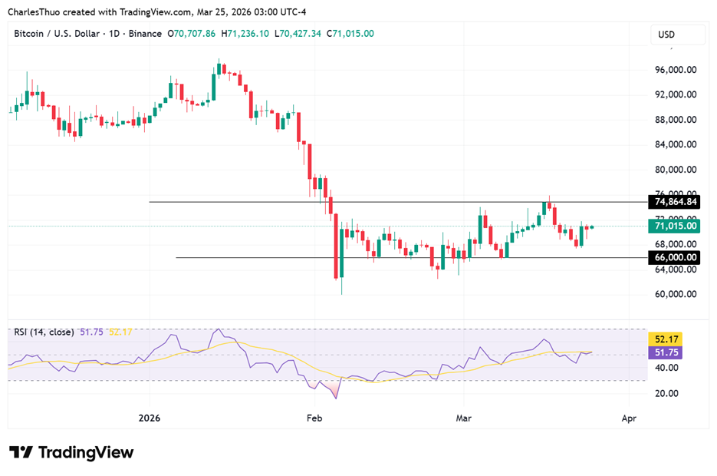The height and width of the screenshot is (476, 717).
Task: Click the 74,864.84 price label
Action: click(676, 202)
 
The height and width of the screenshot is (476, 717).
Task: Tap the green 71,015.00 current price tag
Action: click(676, 226)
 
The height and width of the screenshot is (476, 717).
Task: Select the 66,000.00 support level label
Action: click(676, 258)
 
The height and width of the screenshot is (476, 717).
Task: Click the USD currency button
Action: click(666, 35)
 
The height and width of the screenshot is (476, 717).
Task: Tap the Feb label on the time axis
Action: click(313, 418)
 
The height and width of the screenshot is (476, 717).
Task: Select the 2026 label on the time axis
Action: click(150, 418)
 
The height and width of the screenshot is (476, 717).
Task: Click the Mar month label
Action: click(463, 418)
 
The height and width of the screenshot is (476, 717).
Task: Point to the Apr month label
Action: click(629, 418)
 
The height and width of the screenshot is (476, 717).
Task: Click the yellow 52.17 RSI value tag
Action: click(665, 339)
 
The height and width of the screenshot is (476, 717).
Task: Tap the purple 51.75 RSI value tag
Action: click(665, 352)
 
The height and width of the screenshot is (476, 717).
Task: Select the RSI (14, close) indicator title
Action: click(44, 332)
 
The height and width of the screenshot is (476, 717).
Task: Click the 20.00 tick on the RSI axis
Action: click(665, 393)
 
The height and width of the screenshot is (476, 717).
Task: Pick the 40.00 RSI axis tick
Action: click(665, 368)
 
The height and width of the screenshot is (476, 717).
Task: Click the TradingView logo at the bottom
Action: click(71, 452)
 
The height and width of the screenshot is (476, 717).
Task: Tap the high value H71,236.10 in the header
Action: click(245, 34)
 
